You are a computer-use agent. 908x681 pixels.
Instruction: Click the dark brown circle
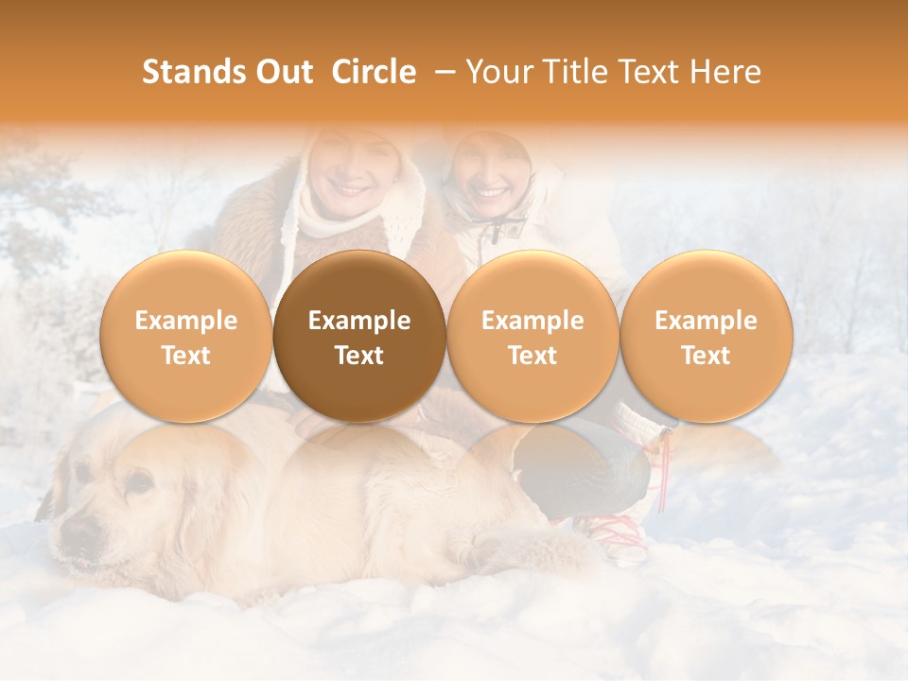point(359,337)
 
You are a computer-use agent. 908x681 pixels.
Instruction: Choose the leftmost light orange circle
point(186,337)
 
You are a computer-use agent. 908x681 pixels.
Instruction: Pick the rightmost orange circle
point(706,337)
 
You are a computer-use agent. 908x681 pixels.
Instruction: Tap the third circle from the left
point(533,337)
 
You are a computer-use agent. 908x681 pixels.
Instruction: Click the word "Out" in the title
point(281,73)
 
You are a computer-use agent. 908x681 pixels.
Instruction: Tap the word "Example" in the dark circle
point(359,321)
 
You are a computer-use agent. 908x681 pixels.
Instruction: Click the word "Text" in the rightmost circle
point(706,355)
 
